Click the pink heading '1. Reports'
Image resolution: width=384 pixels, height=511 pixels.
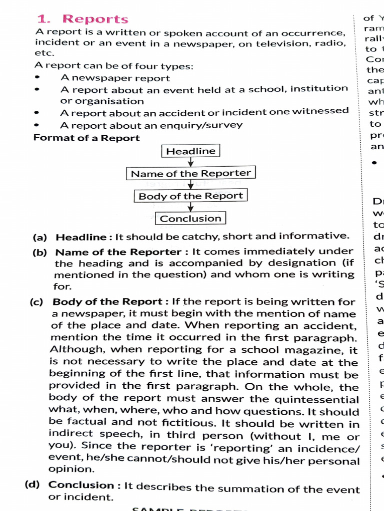pyautogui.click(x=82, y=19)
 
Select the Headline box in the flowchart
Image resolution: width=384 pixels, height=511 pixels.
pyautogui.click(x=190, y=151)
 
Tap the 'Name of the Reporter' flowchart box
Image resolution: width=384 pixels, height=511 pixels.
pyautogui.click(x=190, y=174)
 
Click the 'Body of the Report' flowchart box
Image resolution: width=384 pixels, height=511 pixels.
pyautogui.click(x=190, y=196)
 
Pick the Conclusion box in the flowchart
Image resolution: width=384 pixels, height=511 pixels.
pyautogui.click(x=190, y=219)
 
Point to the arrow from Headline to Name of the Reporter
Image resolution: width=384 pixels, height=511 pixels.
pyautogui.click(x=190, y=162)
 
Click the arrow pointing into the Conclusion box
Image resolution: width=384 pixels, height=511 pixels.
pyautogui.click(x=190, y=207)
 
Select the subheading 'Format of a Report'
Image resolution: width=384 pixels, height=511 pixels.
pyautogui.click(x=86, y=138)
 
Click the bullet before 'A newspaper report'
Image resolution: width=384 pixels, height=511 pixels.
pyautogui.click(x=37, y=78)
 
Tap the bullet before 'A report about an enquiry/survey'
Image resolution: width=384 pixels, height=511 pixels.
pyautogui.click(x=37, y=126)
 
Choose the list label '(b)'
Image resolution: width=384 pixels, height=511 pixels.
pyautogui.click(x=39, y=253)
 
